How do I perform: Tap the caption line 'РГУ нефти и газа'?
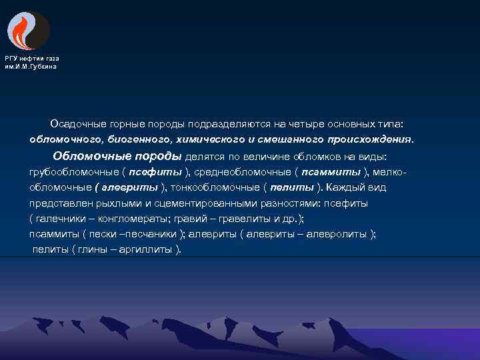pyautogui.click(x=32, y=59)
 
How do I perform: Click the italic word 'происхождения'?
pyautogui.click(x=369, y=140)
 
